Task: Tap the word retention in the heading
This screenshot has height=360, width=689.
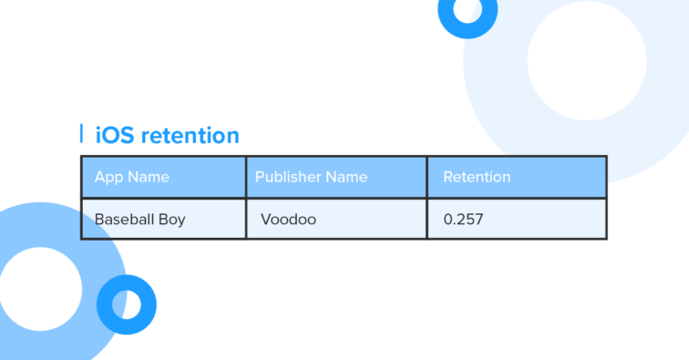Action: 185,136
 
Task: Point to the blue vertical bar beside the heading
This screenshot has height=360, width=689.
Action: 82,134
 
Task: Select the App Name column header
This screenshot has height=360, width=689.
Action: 132,177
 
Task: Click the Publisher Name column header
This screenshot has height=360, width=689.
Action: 311,177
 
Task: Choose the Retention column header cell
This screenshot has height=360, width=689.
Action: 477,177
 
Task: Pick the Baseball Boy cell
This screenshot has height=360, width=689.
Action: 139,220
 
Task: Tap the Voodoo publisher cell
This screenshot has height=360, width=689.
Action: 288,220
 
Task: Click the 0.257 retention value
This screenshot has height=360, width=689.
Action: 463,220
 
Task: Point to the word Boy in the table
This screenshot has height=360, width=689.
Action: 170,220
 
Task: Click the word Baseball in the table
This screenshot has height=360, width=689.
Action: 124,220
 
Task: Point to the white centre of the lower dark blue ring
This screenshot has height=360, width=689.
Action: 127,304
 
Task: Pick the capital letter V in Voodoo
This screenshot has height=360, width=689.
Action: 265,220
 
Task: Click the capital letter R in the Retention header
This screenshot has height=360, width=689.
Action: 448,177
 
